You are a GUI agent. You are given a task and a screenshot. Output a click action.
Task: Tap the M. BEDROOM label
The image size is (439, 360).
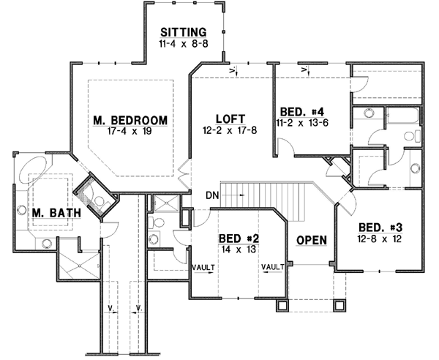130,120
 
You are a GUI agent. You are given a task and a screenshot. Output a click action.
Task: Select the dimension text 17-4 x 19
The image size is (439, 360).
130,132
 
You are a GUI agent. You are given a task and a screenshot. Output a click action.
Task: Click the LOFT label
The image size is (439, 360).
230,119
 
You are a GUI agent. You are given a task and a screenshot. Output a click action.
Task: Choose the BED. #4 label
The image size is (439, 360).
301,112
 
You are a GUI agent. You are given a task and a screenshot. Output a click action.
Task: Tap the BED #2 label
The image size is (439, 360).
236,239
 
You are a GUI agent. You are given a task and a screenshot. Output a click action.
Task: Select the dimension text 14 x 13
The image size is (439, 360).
236,250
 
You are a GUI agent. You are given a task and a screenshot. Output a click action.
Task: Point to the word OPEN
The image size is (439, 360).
311,240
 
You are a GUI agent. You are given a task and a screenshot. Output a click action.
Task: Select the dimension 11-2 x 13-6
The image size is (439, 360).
301,123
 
